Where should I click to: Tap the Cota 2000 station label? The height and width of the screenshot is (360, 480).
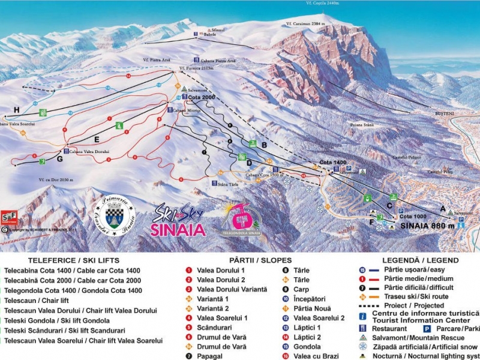201,97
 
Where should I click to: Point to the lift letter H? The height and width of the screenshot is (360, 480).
16,109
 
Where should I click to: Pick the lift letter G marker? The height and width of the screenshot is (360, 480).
59,160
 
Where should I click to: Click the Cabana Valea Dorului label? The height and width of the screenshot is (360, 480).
90,152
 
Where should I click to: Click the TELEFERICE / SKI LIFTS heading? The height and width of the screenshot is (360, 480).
71,260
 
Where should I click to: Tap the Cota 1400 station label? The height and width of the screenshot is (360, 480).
333,163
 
